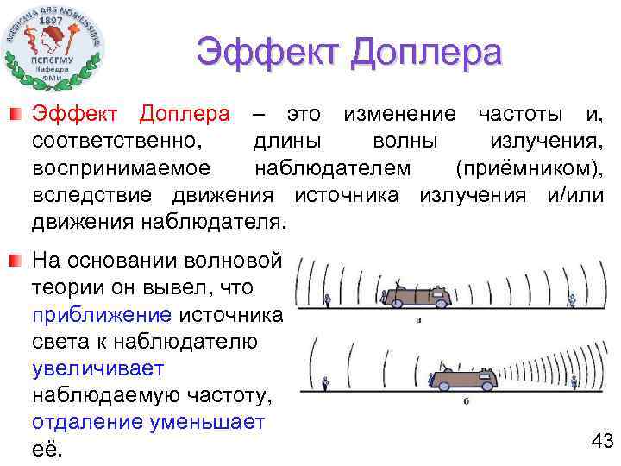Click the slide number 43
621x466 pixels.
tap(601, 442)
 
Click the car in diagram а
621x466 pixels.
tap(417, 297)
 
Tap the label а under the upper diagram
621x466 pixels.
tap(417, 319)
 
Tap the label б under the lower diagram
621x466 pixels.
tap(466, 401)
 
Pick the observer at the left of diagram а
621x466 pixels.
tap(328, 300)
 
